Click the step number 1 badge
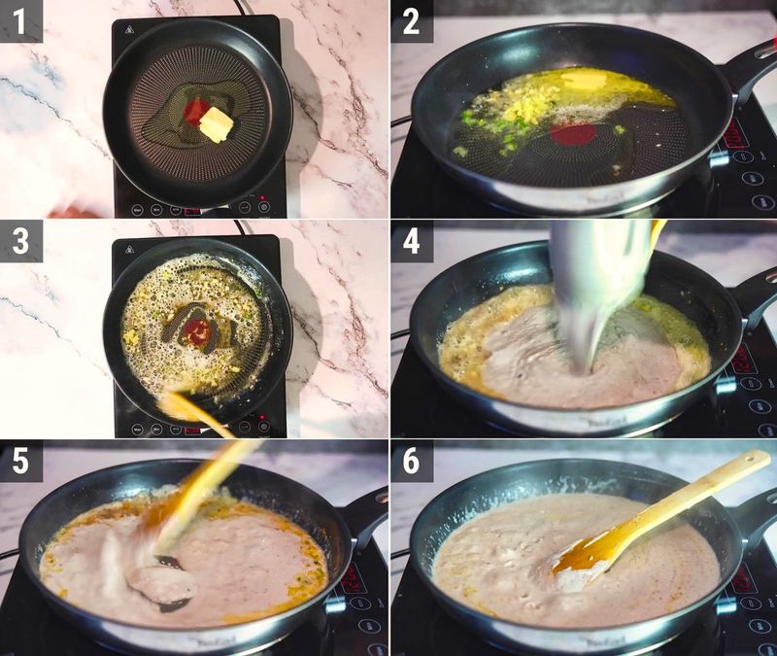[x=20, y=20]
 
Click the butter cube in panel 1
[x=217, y=124]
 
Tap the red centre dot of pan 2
[x=573, y=134]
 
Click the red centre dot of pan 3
[x=196, y=332]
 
